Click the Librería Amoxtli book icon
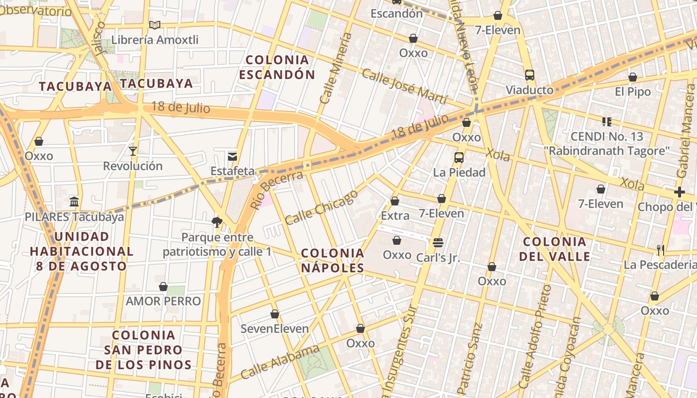tap(155, 25)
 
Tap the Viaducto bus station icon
tap(530, 76)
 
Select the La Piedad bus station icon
tap(459, 158)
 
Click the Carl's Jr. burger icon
tap(438, 243)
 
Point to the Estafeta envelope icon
tap(232, 156)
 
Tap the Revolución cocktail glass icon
tap(133, 151)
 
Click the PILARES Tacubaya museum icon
tap(74, 202)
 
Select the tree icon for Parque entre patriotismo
tap(217, 222)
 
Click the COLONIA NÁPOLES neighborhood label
tap(333, 260)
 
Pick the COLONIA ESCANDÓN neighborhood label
tap(277, 67)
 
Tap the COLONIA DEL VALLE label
tap(555, 249)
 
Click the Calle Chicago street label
tap(322, 206)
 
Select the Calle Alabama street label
tap(280, 362)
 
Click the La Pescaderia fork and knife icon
tap(661, 250)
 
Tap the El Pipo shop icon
tap(633, 77)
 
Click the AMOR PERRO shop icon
tap(163, 287)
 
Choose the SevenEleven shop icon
tap(275, 314)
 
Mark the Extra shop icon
tap(395, 201)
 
